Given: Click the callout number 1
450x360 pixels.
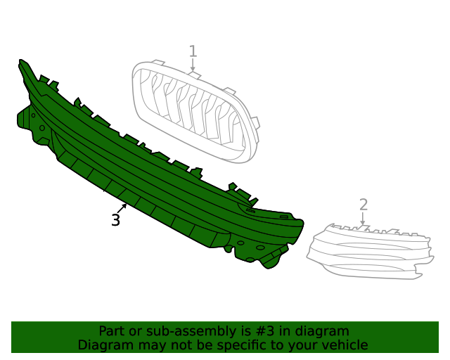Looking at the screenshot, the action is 193,51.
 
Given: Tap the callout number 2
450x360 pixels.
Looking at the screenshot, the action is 364,205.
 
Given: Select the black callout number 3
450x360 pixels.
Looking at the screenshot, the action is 115,220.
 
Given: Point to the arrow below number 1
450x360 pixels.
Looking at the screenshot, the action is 193,65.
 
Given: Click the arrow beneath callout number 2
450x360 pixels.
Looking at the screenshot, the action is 363,219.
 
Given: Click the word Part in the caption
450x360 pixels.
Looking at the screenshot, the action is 112,331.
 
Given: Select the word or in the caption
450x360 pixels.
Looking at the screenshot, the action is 136,331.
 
